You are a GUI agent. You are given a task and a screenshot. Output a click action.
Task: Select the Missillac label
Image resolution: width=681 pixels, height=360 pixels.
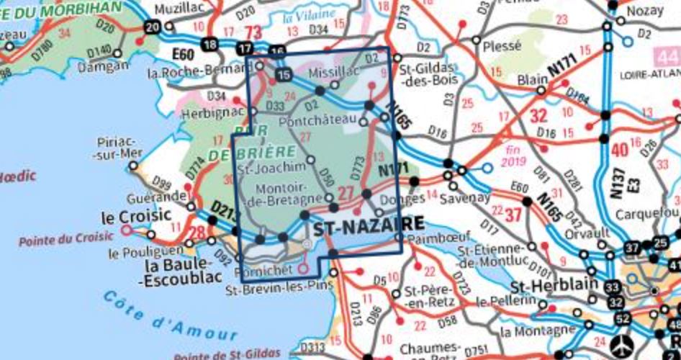coord(332,73)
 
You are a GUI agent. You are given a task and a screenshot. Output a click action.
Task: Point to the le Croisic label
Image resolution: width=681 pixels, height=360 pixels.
coord(136,215)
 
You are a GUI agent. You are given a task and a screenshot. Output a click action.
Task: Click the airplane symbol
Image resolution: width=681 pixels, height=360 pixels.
coord(621,340)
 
